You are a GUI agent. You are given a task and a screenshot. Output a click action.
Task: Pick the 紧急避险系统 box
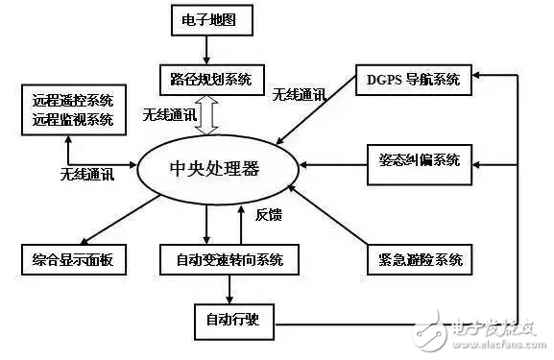415,259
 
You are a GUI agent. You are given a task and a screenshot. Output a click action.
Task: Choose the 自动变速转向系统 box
224,259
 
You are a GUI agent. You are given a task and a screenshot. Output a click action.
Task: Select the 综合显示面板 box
73,259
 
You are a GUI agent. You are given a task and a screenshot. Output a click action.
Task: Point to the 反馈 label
269,215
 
